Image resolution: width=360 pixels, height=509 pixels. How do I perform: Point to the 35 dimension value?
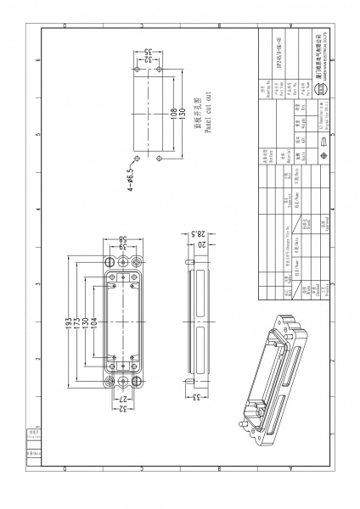tap(146, 52)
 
